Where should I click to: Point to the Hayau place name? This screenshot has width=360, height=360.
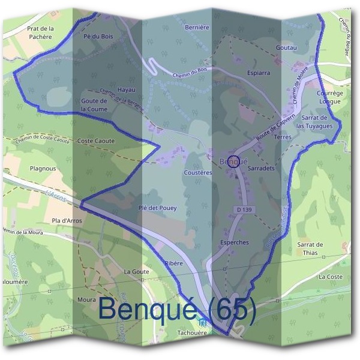(127, 89)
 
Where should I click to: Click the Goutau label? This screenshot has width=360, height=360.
(287, 46)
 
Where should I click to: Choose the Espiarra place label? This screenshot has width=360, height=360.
(257, 73)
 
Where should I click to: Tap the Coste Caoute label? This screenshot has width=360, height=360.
(95, 141)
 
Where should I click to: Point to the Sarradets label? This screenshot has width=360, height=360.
(260, 169)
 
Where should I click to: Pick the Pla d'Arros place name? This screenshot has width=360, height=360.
(67, 221)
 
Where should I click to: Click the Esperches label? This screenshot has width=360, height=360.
(235, 242)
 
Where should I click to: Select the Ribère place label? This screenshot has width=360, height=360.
(173, 263)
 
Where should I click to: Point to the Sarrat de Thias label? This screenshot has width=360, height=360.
(310, 248)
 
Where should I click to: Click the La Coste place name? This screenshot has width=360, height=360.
(331, 277)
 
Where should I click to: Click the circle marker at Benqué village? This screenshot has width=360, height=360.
(235, 161)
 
